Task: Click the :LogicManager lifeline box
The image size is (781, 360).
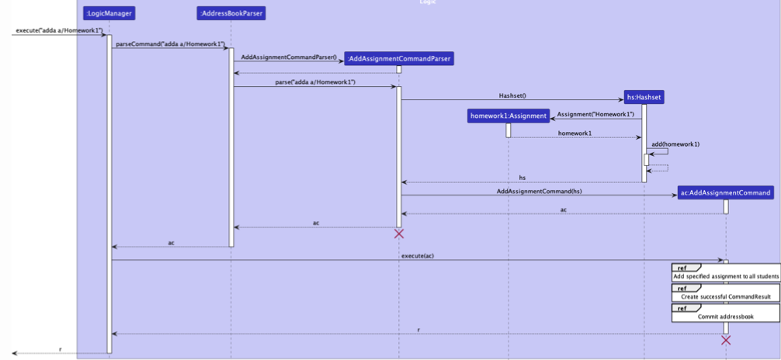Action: (109, 13)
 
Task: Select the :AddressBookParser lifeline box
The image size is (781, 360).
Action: (231, 13)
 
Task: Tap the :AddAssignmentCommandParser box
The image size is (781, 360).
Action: (399, 59)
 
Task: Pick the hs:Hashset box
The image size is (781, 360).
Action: (644, 97)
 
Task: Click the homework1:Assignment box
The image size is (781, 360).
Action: (509, 116)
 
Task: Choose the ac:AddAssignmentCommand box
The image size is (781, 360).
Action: (726, 192)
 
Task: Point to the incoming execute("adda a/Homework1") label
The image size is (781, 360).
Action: (59, 30)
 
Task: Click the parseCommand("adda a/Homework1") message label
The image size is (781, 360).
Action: (169, 44)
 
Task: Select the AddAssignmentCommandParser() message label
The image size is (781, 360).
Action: (289, 57)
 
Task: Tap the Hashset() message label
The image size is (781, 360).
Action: (512, 95)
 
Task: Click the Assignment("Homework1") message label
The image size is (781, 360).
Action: (595, 114)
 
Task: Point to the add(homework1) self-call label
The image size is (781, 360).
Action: (675, 144)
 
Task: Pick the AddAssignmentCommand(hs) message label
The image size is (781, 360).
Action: (539, 191)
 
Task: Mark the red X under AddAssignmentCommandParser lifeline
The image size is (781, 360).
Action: (399, 234)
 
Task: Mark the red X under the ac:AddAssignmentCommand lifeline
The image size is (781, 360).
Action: (726, 340)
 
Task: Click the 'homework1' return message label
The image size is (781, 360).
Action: (574, 133)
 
